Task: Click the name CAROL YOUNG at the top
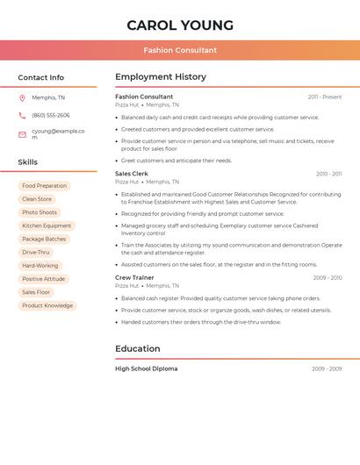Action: [x=180, y=25]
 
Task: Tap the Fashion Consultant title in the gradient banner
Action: [x=180, y=50]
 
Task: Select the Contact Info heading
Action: [x=40, y=77]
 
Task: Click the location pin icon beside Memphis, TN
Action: [x=22, y=97]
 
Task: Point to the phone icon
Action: [x=22, y=116]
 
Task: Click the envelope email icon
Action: [x=22, y=134]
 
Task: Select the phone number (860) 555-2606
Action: [x=51, y=115]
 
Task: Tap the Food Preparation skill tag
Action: [x=44, y=186]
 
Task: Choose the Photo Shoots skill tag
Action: [x=40, y=212]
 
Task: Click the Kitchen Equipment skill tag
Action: [x=47, y=225]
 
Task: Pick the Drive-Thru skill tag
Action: [x=36, y=252]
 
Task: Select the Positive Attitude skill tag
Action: [x=43, y=279]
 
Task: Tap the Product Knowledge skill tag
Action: [x=47, y=305]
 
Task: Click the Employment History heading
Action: [x=161, y=76]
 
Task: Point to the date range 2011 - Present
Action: [x=325, y=97]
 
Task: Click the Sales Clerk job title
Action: [x=132, y=174]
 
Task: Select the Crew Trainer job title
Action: [x=134, y=277]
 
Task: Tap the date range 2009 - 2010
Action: [x=328, y=277]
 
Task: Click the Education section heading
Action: [x=138, y=348]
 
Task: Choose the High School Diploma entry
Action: [x=146, y=368]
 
